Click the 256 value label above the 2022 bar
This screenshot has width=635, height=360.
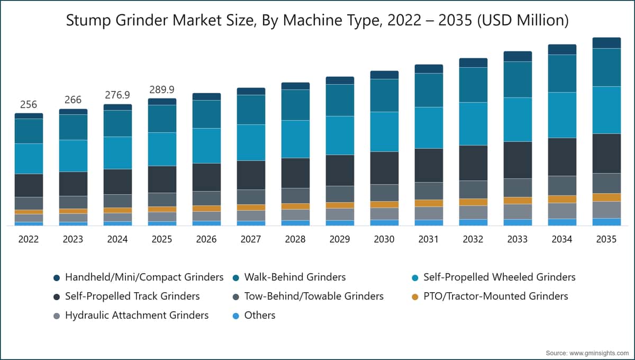tap(29, 104)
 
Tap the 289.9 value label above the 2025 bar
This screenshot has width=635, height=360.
tap(162, 89)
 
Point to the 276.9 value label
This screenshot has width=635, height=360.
tap(117, 95)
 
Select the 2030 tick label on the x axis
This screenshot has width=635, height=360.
tap(384, 239)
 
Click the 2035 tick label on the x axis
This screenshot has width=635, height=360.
tap(606, 239)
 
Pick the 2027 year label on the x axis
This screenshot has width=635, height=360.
tap(251, 239)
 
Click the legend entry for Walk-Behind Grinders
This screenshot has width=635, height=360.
tap(289, 277)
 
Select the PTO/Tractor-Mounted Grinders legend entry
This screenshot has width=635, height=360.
tap(490, 296)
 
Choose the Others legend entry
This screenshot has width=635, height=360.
tap(254, 315)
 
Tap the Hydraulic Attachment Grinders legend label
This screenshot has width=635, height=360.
tap(137, 315)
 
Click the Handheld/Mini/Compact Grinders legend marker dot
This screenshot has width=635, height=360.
tap(57, 278)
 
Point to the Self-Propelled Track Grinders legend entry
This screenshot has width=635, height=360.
tap(126, 296)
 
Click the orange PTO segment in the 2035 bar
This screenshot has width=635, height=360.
tap(606, 197)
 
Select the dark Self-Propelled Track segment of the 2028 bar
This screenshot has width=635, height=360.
tap(295, 173)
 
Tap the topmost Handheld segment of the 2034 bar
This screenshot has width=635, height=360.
tap(562, 49)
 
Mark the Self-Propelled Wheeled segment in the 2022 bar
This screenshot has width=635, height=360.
tap(29, 159)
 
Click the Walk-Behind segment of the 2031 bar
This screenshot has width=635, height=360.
tap(429, 90)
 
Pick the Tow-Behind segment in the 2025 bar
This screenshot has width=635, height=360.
tap(162, 200)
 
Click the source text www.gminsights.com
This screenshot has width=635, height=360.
tap(599, 353)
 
